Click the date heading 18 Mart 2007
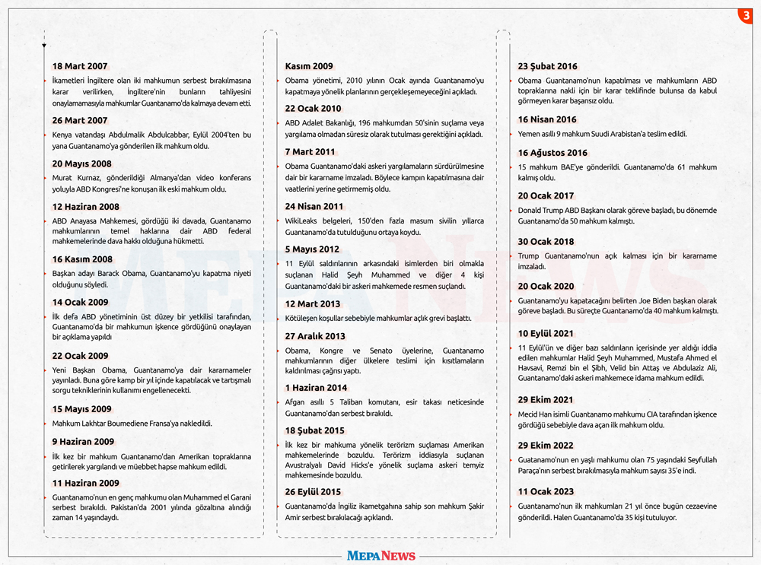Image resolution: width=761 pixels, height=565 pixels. [x=80, y=66]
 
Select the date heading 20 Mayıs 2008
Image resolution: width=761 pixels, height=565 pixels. [x=81, y=163]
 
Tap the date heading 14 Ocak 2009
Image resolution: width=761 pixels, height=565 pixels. [x=80, y=302]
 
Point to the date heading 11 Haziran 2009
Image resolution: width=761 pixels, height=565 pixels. [x=85, y=483]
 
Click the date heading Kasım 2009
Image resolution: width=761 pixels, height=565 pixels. [x=309, y=66]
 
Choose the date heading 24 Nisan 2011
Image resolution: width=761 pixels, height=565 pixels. [x=314, y=206]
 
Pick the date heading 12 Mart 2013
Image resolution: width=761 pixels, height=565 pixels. [x=312, y=304]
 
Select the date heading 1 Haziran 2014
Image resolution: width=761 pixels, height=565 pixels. [x=316, y=388]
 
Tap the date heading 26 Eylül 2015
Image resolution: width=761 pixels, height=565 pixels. [x=313, y=492]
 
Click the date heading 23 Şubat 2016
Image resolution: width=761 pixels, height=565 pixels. [x=547, y=66]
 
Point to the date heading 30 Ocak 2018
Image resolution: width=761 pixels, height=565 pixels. [x=546, y=242]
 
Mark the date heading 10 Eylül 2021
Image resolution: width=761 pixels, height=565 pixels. [x=546, y=333]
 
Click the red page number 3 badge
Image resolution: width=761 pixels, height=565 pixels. [x=746, y=16]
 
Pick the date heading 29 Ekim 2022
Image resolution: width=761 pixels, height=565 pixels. [x=546, y=446]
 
